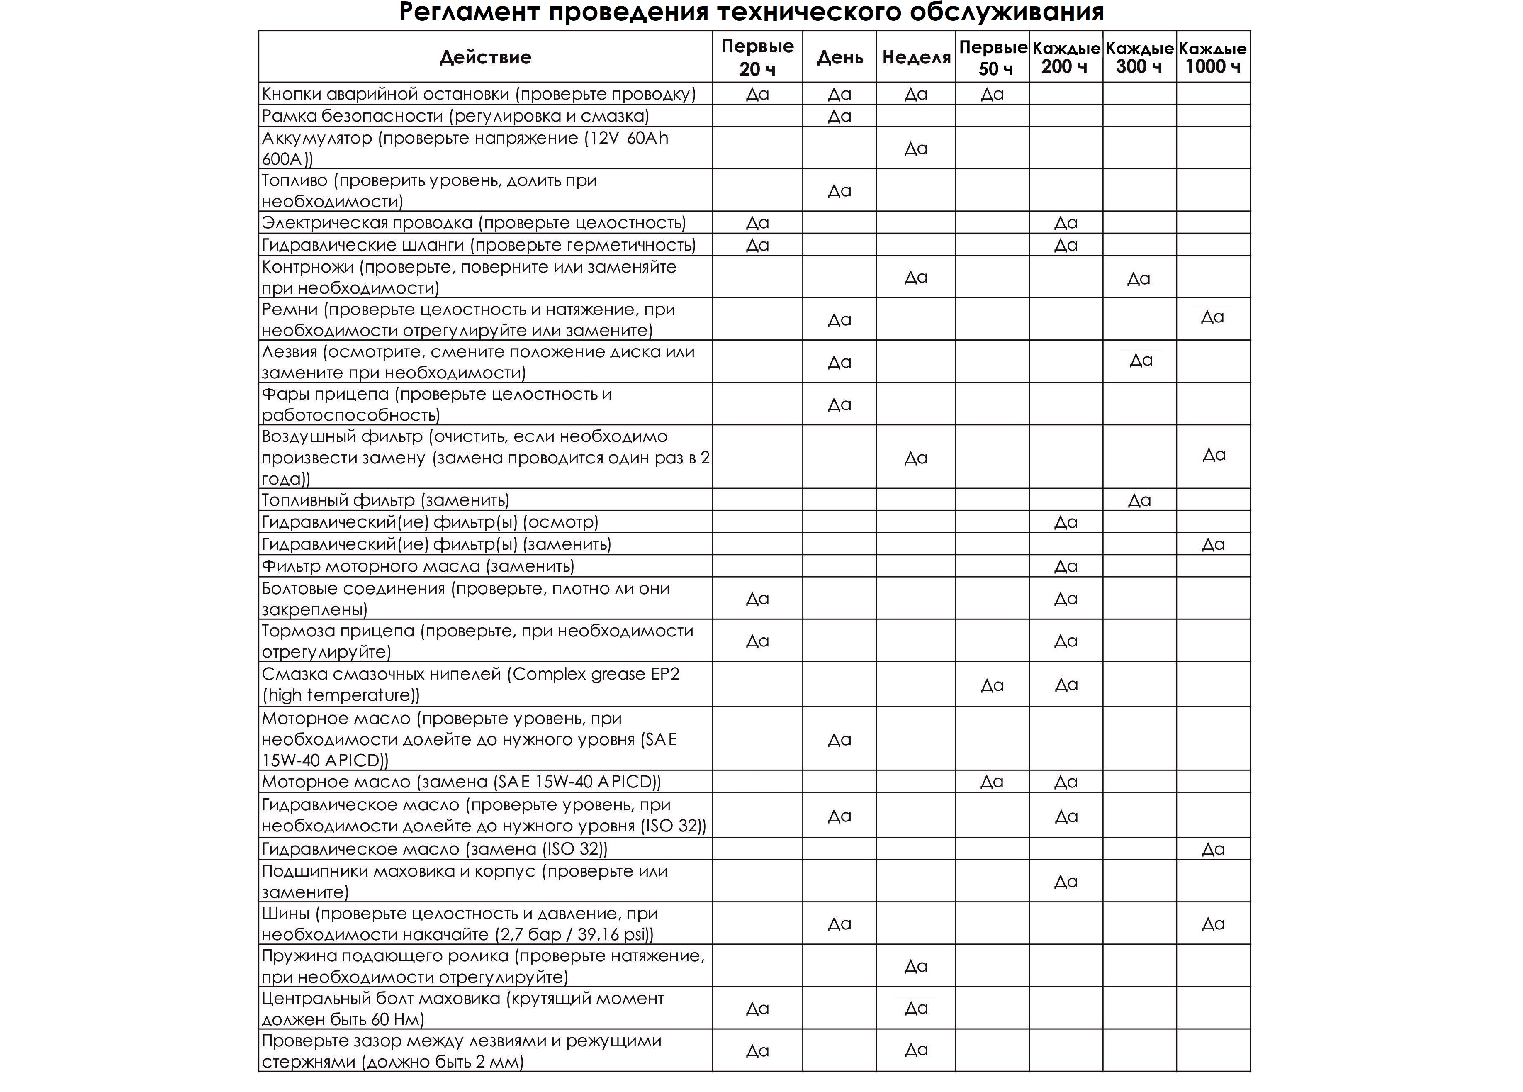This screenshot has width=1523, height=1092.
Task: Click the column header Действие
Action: tap(485, 57)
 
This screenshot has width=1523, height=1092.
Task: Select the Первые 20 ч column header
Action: tap(757, 57)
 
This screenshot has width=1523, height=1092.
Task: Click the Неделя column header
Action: tap(916, 57)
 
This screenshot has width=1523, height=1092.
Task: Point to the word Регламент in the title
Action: tap(470, 12)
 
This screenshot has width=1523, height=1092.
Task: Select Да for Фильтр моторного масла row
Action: tap(1066, 567)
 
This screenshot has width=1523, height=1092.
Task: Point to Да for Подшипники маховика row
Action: tap(1066, 882)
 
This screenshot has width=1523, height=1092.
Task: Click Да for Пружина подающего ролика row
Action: tap(915, 966)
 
